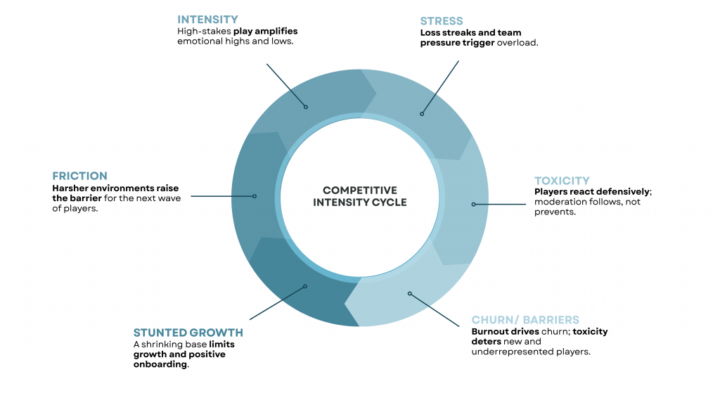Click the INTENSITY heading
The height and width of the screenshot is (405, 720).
pos(207,20)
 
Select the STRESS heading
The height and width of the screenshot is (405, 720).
pos(442,21)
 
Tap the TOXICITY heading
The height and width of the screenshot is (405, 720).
pos(562,181)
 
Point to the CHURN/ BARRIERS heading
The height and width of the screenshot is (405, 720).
pos(525,320)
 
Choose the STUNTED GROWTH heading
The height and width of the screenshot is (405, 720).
pos(188,333)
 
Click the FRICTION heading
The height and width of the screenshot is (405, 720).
pos(79,176)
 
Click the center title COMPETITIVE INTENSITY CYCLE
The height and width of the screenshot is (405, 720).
pos(360,196)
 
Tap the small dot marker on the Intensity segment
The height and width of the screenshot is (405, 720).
pos(306,107)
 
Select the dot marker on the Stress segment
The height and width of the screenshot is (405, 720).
pos(422,113)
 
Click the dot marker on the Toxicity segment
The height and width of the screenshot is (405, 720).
pos(474,205)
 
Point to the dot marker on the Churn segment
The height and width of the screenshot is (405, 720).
pos(409,293)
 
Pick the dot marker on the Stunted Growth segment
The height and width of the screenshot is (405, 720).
pos(306,286)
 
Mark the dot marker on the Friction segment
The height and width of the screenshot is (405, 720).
pos(255,196)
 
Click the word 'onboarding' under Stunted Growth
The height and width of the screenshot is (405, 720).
pos(160,364)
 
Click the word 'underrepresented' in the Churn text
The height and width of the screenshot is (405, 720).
pos(512,352)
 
